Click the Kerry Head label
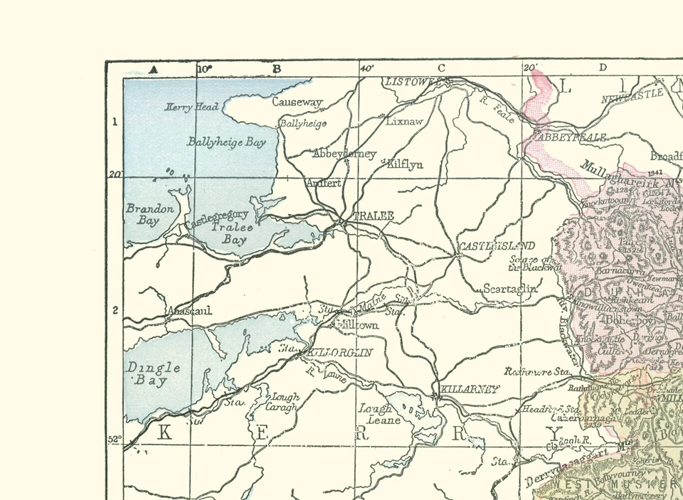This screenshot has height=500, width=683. [192, 107]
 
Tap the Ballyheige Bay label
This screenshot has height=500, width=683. [226, 142]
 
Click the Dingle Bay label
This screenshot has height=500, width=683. [153, 374]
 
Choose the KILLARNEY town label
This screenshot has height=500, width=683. [470, 389]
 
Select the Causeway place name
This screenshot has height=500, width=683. [297, 102]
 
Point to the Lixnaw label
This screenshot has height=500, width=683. [404, 122]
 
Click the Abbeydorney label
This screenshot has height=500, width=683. [345, 154]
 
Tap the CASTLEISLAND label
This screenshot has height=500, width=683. [496, 246]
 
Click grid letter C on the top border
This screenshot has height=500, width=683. [440, 68]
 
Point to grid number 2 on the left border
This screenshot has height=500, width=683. [115, 310]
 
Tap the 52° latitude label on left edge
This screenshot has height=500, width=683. [115, 440]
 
